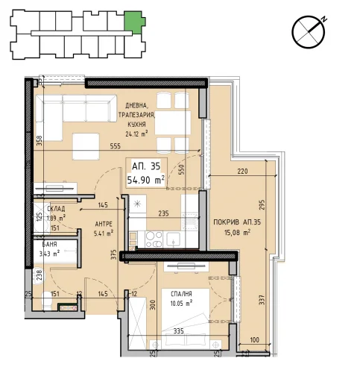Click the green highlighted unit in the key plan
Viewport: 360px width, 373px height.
(134, 22)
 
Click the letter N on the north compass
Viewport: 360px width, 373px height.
(323, 19)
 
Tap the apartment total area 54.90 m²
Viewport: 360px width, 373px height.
(146, 179)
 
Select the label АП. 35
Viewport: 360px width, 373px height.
(146, 166)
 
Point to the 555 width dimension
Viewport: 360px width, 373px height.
(115, 146)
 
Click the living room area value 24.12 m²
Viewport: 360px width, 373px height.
(136, 134)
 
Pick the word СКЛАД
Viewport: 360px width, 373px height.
(56, 208)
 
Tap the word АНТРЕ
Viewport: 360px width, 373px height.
(104, 225)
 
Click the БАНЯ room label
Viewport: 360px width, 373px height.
(49, 245)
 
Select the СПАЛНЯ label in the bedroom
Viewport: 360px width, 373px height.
(181, 294)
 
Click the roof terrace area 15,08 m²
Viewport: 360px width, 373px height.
(237, 233)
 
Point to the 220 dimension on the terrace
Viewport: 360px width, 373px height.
(242, 171)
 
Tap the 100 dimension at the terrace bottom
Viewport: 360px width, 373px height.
(254, 339)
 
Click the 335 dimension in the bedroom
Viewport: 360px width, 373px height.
(178, 331)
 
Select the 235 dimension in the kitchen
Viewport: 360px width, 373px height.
(163, 213)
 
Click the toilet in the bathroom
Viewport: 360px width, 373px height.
(47, 301)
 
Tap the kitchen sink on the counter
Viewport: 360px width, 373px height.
(174, 239)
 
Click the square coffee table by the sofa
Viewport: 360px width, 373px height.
(86, 146)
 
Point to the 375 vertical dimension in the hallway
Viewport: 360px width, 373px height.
(113, 255)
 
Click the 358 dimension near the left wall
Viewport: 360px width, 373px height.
(40, 140)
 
